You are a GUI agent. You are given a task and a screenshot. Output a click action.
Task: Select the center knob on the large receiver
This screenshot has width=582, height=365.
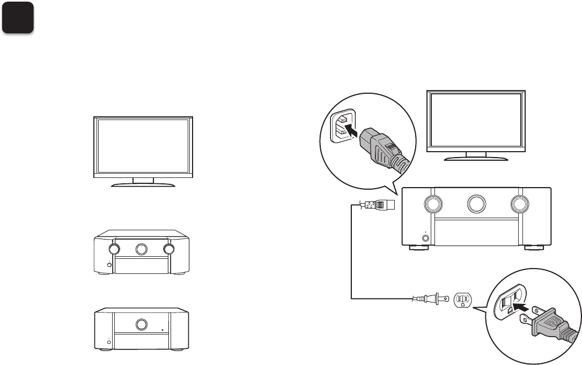click(476, 204)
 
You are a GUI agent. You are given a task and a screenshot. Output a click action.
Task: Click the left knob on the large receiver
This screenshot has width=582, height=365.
click(432, 204)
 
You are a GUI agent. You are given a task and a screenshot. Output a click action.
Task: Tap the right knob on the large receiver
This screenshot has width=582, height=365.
click(519, 204)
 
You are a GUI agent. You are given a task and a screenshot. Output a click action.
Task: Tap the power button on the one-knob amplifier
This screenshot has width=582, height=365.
click(108, 341)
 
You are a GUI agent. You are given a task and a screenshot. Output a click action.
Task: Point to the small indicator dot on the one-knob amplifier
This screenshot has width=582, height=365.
click(161, 330)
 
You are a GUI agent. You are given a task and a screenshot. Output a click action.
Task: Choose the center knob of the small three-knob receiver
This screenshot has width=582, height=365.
click(142, 249)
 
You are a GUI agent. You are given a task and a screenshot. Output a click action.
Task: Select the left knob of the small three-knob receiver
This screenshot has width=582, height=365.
click(114, 249)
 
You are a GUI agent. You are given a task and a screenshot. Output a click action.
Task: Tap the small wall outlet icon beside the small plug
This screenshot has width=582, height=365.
click(463, 300)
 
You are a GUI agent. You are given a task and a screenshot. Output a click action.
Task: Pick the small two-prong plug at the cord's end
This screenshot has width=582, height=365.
click(429, 300)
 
